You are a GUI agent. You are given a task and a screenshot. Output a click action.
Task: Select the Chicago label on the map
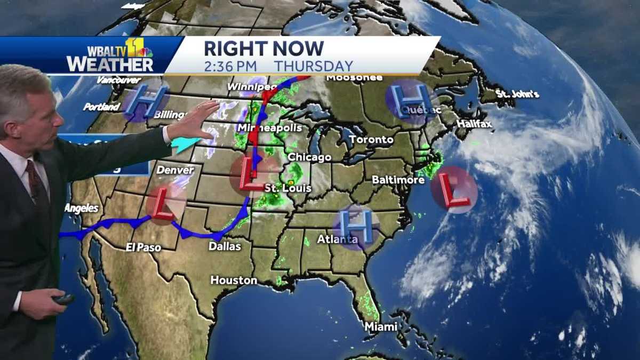click(x=309, y=157)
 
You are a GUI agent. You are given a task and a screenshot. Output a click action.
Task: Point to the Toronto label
click(x=371, y=140)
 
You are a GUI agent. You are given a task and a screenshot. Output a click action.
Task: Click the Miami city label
click(x=381, y=326)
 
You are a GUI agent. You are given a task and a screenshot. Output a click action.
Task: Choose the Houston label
click(x=234, y=280)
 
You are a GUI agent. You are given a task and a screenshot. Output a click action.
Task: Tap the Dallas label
click(x=225, y=246)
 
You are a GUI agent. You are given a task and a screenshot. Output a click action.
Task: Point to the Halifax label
click(x=474, y=124)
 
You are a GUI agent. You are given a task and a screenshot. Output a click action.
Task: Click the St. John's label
click(x=517, y=94)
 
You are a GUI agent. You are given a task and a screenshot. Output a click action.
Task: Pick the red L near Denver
click(x=165, y=204)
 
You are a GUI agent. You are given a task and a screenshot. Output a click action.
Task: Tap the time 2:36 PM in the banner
click(x=230, y=66)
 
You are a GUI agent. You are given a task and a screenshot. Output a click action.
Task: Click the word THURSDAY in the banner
click(x=314, y=66)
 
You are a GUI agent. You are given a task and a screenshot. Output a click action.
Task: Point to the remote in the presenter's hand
click(x=63, y=299)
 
